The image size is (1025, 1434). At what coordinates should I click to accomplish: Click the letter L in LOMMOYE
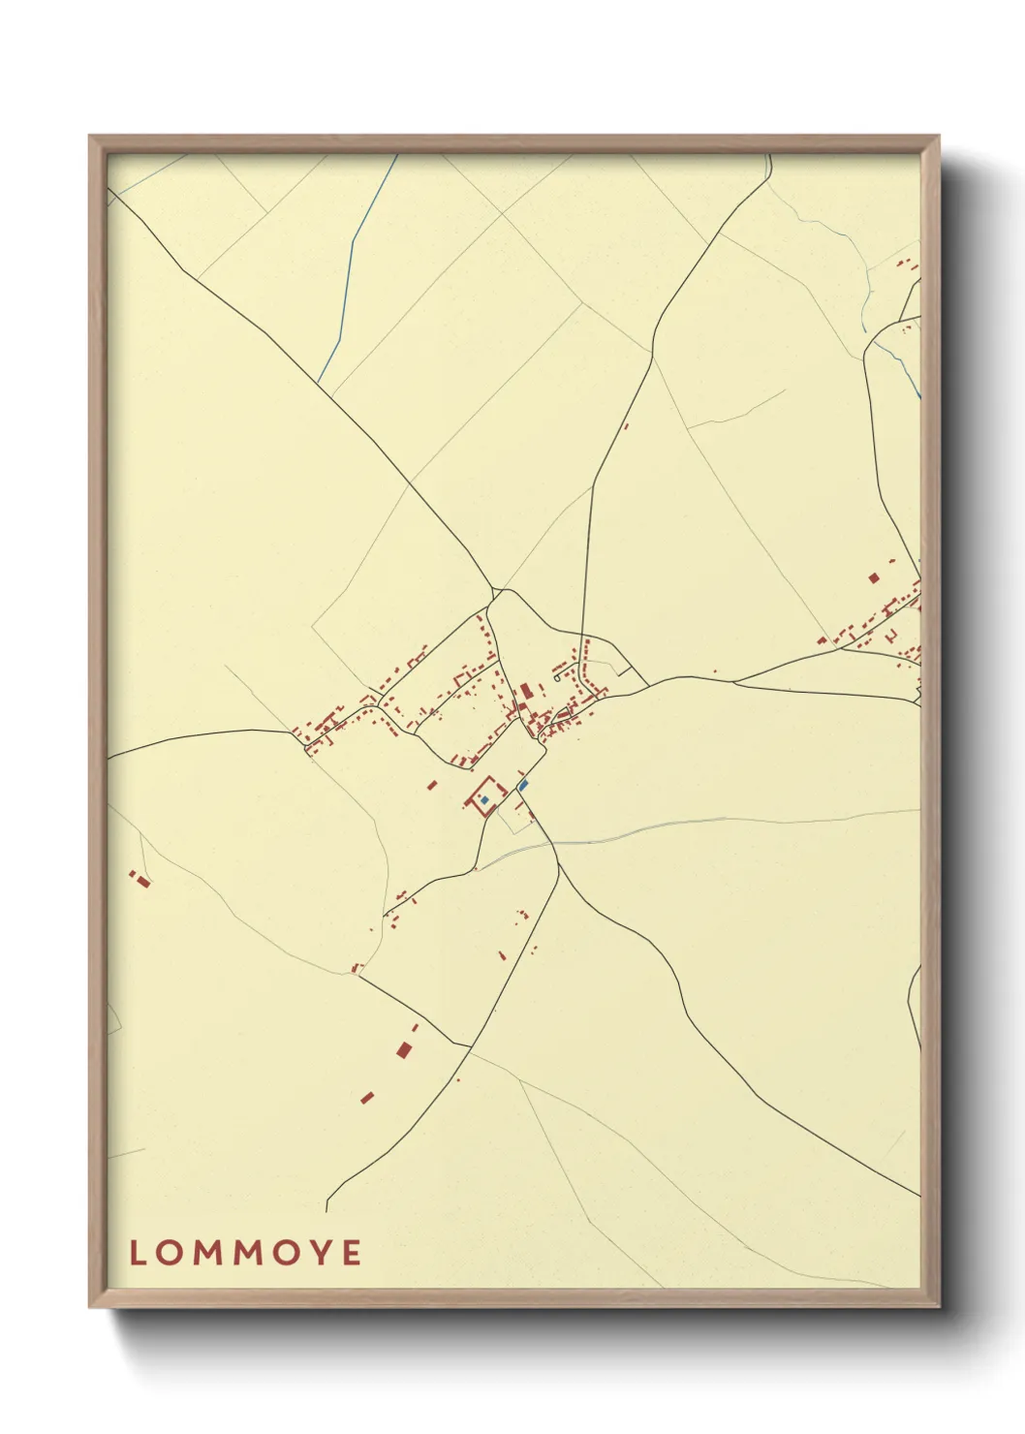pos(137,1253)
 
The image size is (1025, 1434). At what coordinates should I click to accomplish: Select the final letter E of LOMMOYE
pos(352,1253)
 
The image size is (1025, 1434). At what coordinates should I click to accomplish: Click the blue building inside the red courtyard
pos(484,800)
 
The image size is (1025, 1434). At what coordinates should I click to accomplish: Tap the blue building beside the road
pos(523,785)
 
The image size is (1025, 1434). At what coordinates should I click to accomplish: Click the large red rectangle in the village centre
pos(526,691)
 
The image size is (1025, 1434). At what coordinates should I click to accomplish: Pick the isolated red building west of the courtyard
pos(432,785)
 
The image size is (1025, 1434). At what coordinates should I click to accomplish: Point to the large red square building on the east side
pos(873,578)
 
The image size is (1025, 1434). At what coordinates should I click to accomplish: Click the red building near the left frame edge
pos(143,882)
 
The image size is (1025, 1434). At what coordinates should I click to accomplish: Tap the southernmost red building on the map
pos(367,1098)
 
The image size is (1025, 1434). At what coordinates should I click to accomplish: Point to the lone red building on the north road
pos(626,425)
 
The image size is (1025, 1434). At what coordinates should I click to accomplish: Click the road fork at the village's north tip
pos(496,591)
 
